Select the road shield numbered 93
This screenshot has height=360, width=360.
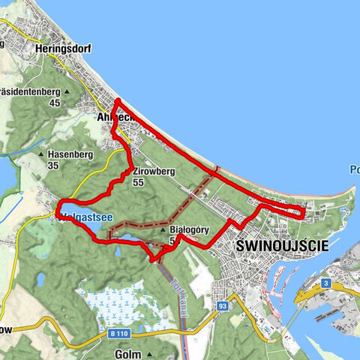pos(222,306)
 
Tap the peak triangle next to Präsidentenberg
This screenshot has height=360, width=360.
pos(66,92)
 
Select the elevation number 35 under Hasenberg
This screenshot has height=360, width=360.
pos(52,166)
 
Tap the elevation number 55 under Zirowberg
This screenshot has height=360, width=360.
pos(139,182)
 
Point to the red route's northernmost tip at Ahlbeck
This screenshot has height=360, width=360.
pos(118,100)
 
